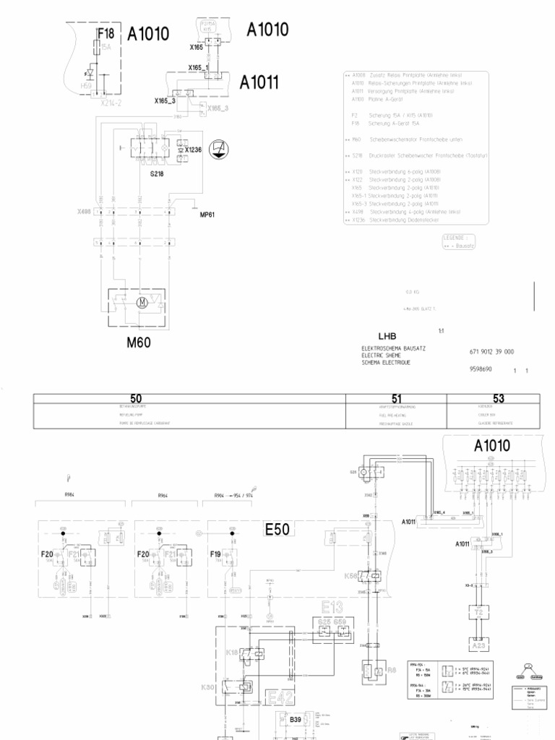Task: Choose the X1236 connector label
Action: pos(194,150)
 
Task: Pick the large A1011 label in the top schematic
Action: pos(259,82)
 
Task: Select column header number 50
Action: pos(136,398)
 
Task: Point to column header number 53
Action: pos(498,398)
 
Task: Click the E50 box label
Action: pos(277,530)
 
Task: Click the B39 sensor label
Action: pos(295,719)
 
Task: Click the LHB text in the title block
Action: pos(387,336)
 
